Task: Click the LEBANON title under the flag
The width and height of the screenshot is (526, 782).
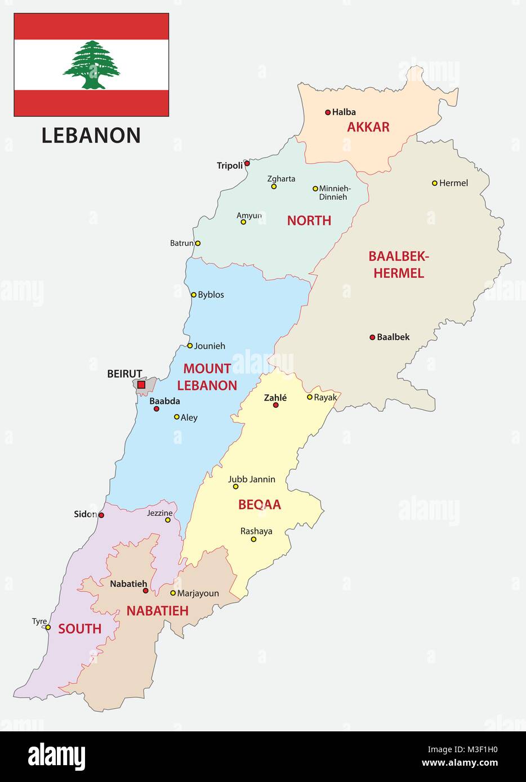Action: tap(91, 136)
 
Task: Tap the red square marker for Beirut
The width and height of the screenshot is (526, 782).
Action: tap(141, 385)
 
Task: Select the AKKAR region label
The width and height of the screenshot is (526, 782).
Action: tap(368, 127)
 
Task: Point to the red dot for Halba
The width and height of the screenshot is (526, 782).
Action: tap(328, 113)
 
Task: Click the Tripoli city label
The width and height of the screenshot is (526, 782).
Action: tap(230, 165)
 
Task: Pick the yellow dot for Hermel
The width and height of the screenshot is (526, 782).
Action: tap(435, 183)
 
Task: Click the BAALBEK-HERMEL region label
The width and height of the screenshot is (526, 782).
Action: tap(398, 265)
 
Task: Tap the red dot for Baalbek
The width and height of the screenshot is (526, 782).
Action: tap(372, 338)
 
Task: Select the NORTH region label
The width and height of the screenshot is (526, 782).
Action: tap(309, 221)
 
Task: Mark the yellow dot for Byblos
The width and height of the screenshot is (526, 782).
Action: tap(194, 295)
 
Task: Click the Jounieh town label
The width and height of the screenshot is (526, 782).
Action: tap(209, 346)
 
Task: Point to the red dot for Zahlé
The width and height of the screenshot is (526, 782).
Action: tap(276, 405)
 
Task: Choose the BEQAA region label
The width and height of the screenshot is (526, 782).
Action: tap(259, 505)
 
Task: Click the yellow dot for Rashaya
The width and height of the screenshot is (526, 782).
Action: tap(253, 540)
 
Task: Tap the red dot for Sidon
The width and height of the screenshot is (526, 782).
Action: tap(101, 515)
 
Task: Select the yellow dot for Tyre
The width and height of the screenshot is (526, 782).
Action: tap(48, 628)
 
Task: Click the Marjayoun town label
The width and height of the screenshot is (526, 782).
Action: tap(198, 594)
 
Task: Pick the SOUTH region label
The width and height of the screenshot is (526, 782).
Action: tap(80, 629)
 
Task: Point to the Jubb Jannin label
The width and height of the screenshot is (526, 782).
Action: tap(252, 479)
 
